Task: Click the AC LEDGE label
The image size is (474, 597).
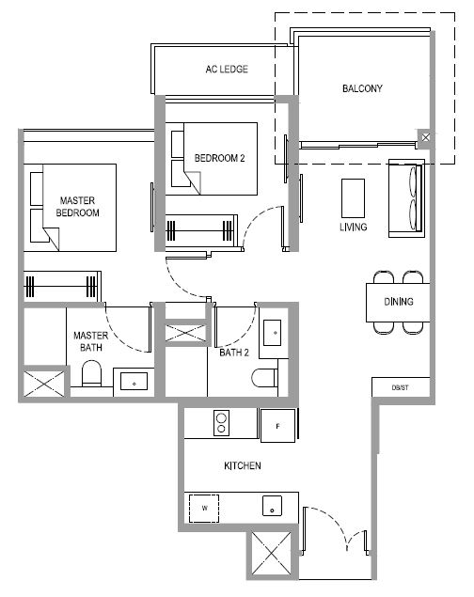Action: [227, 69]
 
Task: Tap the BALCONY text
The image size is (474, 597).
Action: [362, 88]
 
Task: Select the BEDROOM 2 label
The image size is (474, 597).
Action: [220, 158]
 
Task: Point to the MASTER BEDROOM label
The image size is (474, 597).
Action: [77, 206]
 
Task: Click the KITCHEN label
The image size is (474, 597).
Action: [243, 465]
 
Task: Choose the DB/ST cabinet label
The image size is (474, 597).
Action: [400, 387]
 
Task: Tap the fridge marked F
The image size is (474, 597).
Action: [278, 426]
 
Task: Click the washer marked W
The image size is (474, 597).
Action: [204, 509]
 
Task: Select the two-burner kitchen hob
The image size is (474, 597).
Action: [221, 423]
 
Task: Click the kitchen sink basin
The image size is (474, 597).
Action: [272, 506]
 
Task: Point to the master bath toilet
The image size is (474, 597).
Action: [92, 373]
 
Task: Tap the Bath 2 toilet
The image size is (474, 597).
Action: [264, 377]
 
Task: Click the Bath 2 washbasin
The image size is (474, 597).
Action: [273, 333]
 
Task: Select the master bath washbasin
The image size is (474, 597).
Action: [134, 381]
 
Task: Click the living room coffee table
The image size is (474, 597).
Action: [353, 198]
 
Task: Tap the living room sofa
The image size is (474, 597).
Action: [406, 198]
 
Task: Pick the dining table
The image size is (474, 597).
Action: [398, 303]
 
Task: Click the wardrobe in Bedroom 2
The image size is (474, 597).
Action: [201, 230]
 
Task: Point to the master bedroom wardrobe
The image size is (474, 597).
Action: [62, 287]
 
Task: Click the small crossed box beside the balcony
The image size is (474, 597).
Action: [426, 137]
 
